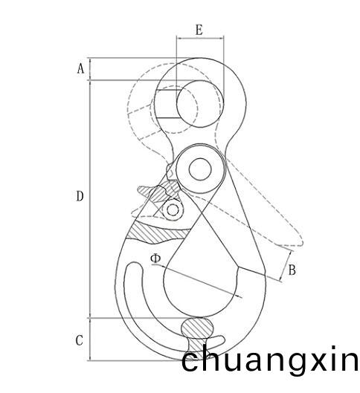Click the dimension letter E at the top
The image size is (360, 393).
(x=199, y=30)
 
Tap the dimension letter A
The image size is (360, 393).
(x=80, y=68)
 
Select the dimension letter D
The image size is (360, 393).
(x=80, y=196)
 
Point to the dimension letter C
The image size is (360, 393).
(x=80, y=340)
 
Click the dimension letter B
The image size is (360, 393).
(x=292, y=270)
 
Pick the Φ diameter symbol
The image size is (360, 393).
(x=155, y=259)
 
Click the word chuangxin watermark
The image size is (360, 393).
(x=270, y=360)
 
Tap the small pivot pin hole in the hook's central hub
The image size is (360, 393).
(x=200, y=169)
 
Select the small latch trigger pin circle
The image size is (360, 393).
(x=173, y=210)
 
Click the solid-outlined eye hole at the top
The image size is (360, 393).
(x=200, y=104)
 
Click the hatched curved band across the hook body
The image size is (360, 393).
(x=158, y=232)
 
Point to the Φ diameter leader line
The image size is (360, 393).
(x=197, y=281)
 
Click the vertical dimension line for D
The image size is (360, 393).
(x=90, y=199)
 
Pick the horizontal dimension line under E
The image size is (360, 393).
(x=200, y=39)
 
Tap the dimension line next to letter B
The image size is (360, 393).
(x=286, y=266)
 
